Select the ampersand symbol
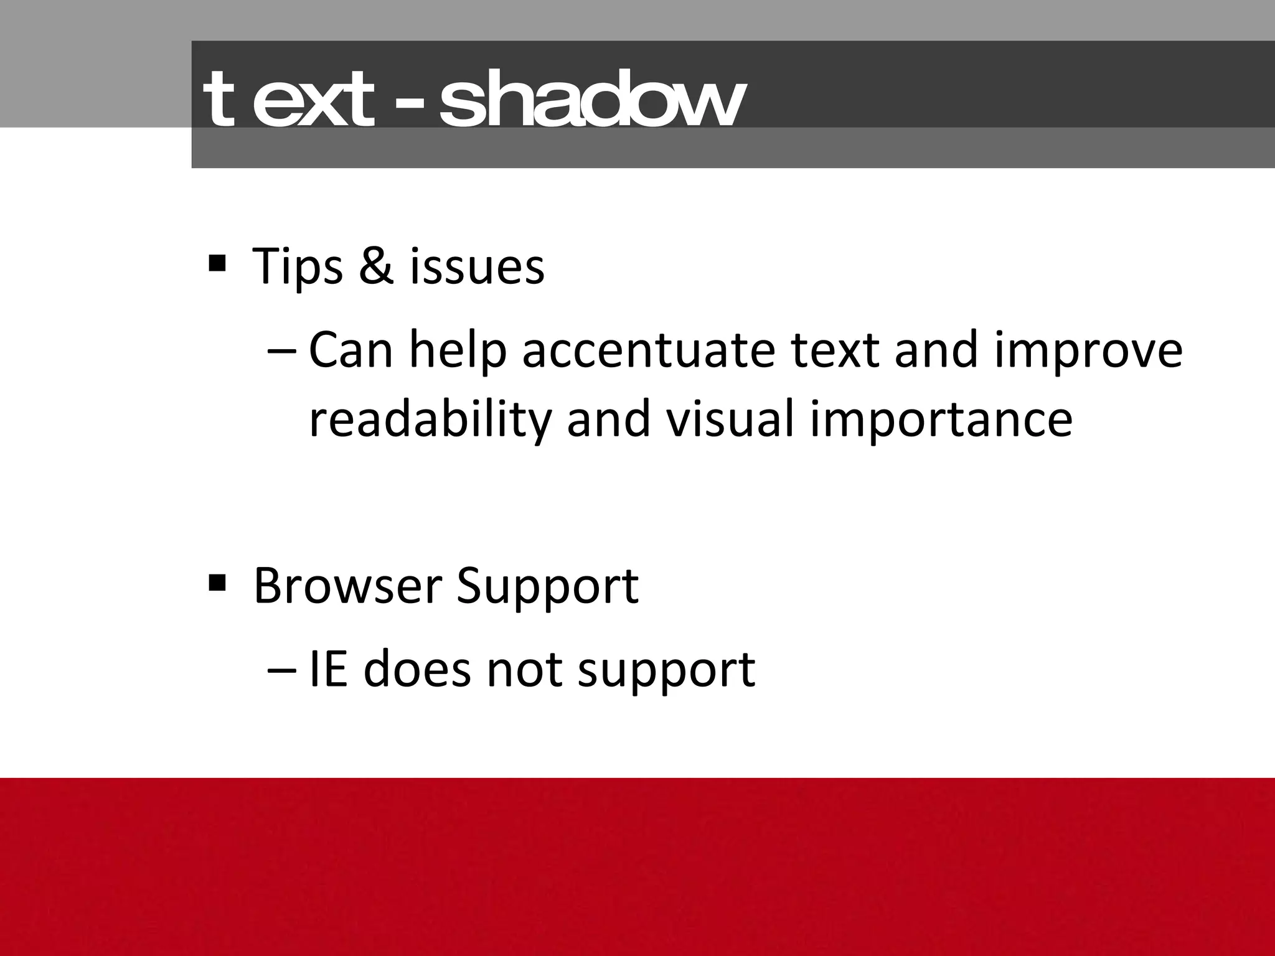tap(377, 266)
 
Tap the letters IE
tap(328, 670)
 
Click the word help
tap(458, 351)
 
